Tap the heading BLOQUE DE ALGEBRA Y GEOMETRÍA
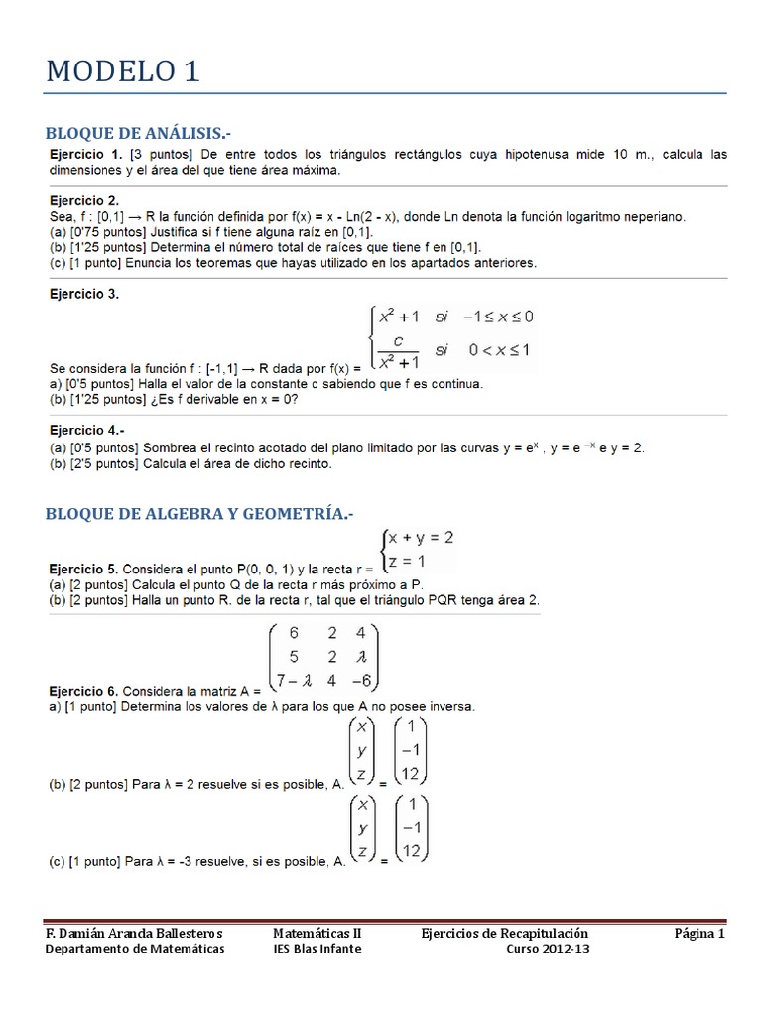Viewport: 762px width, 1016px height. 199,513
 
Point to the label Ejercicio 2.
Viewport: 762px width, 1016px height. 84,200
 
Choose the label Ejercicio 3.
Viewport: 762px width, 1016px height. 84,294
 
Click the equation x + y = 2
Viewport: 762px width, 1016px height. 421,538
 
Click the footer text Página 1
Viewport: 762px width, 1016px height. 700,933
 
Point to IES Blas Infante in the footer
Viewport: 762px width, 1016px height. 317,949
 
